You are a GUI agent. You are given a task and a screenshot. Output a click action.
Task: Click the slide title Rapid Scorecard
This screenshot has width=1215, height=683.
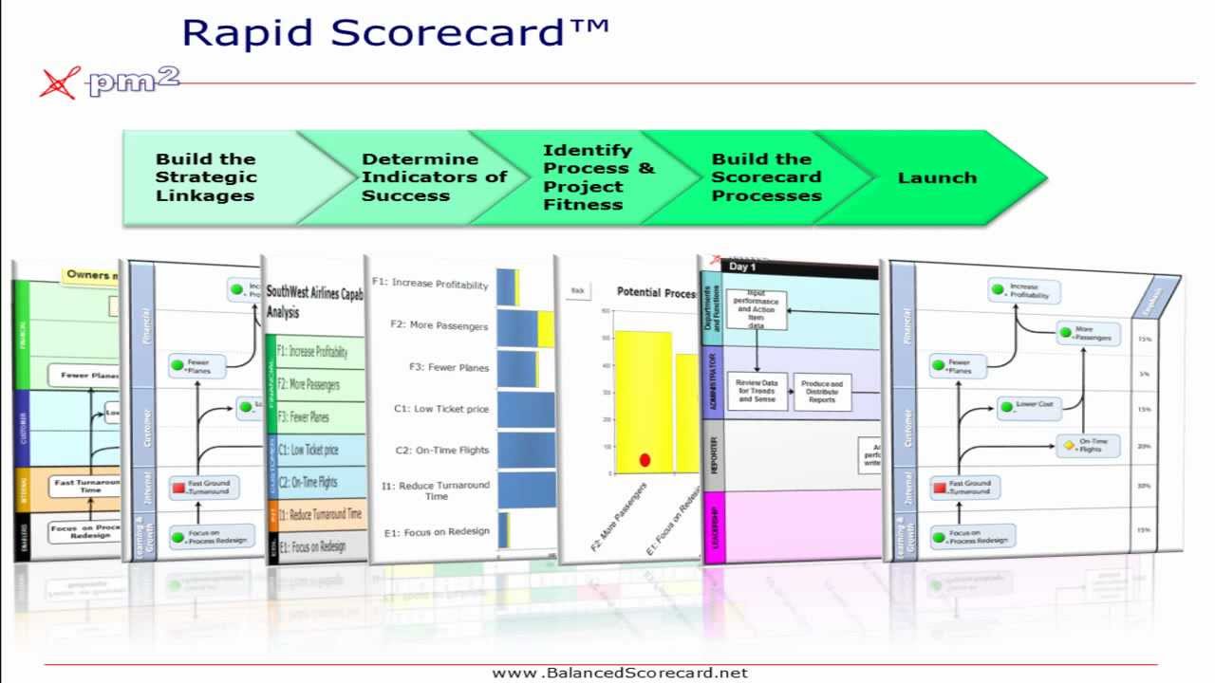pyautogui.click(x=395, y=31)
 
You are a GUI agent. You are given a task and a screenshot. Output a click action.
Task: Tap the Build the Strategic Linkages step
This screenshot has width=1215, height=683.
pyautogui.click(x=206, y=177)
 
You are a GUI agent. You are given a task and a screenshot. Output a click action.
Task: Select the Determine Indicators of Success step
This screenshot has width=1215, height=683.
pyautogui.click(x=434, y=177)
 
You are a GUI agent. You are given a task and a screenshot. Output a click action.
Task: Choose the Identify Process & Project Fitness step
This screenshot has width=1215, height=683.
pyautogui.click(x=598, y=177)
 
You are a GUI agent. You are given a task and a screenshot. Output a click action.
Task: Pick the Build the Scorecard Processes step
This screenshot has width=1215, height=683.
pyautogui.click(x=766, y=177)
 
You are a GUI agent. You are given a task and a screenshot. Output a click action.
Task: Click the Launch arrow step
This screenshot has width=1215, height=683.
pyautogui.click(x=937, y=177)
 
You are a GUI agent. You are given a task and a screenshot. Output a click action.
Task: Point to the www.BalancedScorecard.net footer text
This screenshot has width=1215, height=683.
pyautogui.click(x=620, y=673)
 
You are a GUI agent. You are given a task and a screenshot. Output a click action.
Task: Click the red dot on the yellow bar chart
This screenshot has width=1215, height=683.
pyautogui.click(x=645, y=460)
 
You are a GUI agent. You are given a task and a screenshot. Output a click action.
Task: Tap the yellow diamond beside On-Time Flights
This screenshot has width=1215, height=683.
pyautogui.click(x=1068, y=445)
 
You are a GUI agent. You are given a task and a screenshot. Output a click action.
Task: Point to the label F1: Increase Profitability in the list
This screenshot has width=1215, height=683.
pyautogui.click(x=430, y=284)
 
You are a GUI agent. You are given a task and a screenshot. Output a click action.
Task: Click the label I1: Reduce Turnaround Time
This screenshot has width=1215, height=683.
pyautogui.click(x=435, y=490)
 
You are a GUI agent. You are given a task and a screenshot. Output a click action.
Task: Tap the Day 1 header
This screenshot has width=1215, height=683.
pyautogui.click(x=742, y=268)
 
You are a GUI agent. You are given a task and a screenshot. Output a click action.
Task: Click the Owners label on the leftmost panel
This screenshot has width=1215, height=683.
pyautogui.click(x=91, y=275)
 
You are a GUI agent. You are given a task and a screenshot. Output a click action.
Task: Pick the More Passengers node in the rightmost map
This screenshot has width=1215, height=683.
pyautogui.click(x=1088, y=334)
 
